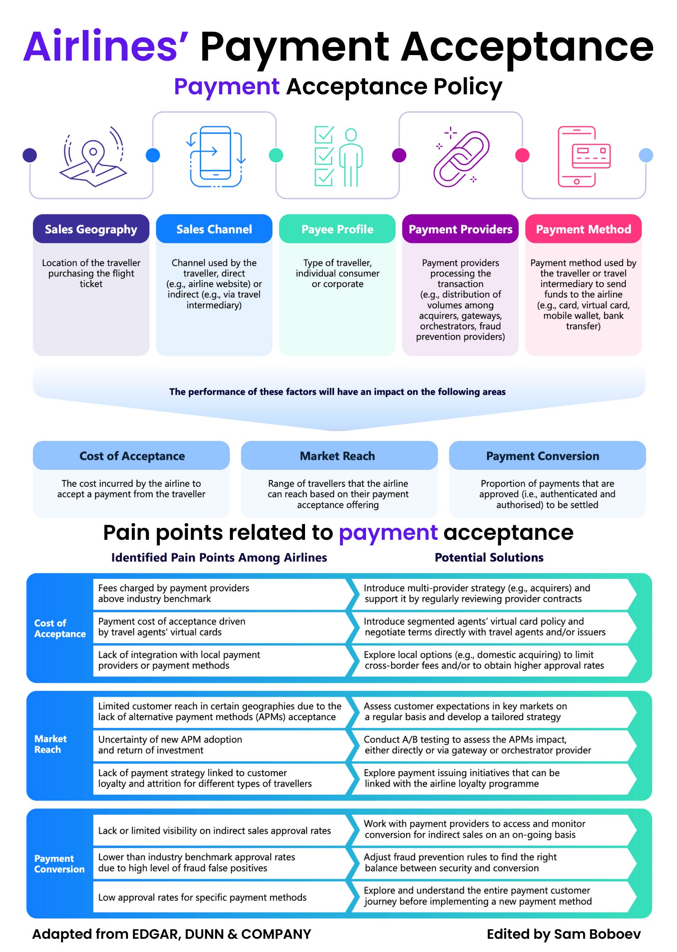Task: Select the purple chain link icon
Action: coord(461,158)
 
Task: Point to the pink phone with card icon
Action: coord(584,157)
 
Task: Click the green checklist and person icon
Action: coord(338,157)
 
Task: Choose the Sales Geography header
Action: coord(91,229)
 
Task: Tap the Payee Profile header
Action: coord(337,229)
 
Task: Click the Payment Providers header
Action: coord(460,229)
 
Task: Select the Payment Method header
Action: coord(583,229)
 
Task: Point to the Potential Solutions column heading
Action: coord(489,557)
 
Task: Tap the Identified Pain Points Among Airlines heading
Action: coord(219,557)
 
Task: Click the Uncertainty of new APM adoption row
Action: coord(220,745)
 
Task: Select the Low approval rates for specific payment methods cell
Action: coord(220,897)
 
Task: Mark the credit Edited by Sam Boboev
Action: coord(564,934)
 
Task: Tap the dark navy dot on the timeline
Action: coord(29,155)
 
